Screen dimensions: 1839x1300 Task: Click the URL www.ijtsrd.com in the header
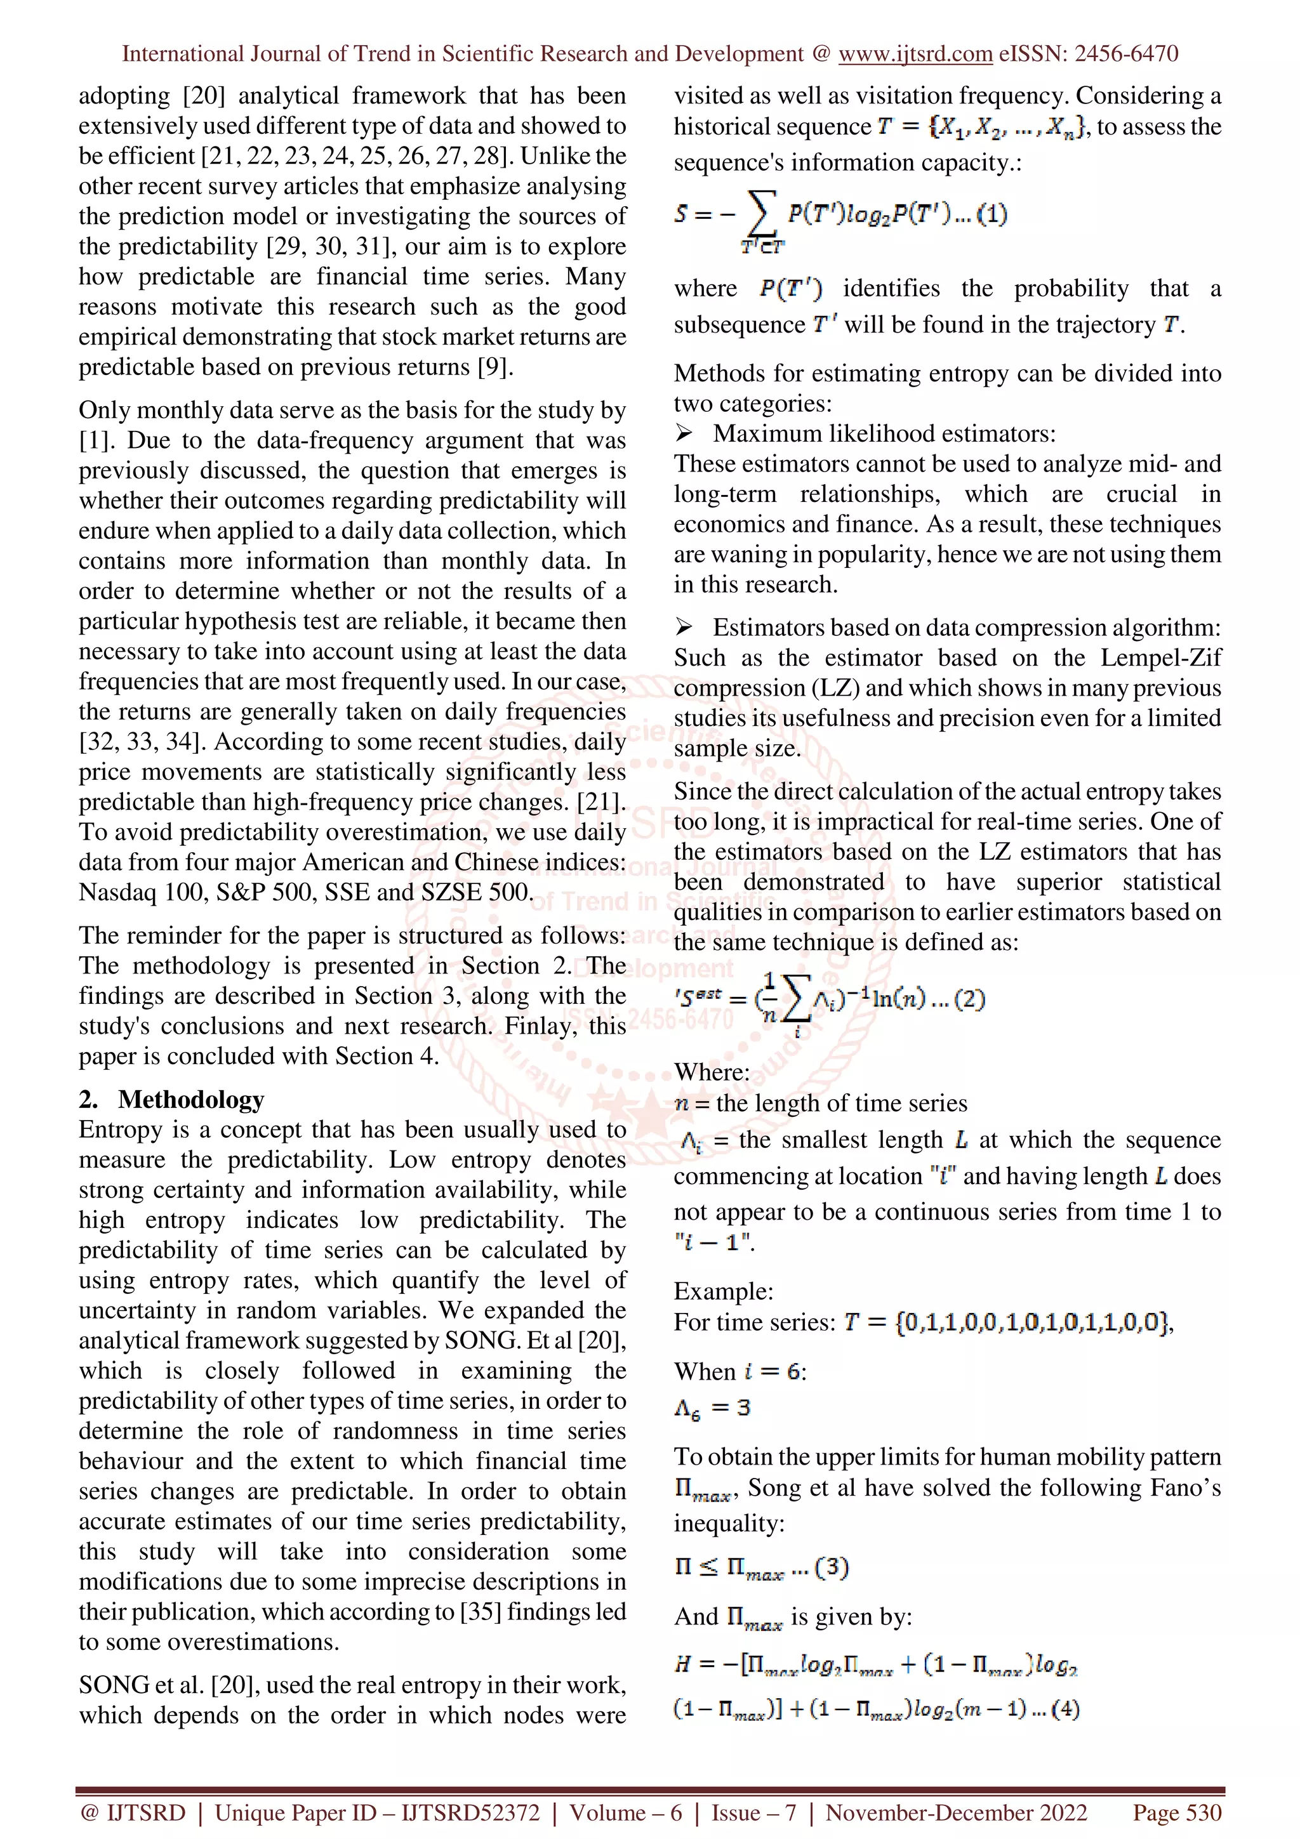(915, 54)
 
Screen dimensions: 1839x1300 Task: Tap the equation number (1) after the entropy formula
(992, 214)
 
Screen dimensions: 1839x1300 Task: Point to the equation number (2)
(969, 999)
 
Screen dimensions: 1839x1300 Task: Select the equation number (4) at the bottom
(1065, 1710)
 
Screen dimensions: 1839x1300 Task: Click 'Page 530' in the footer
(1177, 1812)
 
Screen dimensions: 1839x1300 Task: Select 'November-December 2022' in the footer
(957, 1812)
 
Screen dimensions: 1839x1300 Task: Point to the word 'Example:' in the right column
(723, 1291)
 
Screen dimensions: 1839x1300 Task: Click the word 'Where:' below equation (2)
(712, 1072)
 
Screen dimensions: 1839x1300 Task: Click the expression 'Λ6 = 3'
(712, 1408)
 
